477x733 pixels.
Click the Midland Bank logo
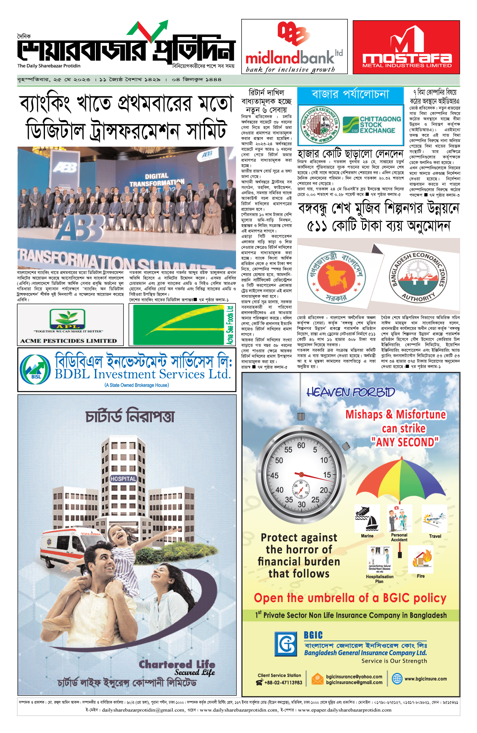tap(294, 47)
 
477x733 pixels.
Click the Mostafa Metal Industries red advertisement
tap(406, 47)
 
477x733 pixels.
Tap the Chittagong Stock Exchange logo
tap(372, 124)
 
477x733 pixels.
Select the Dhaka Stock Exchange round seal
tap(319, 124)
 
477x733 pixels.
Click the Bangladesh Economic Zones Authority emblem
tap(417, 277)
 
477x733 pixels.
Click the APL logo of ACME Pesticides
tap(67, 320)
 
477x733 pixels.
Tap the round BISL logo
tap(35, 369)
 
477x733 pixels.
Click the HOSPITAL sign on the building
tap(123, 479)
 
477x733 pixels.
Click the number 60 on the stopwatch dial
tap(301, 445)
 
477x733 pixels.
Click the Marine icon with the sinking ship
tap(367, 519)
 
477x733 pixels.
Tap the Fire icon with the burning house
tap(421, 559)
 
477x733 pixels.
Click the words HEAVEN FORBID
tap(351, 393)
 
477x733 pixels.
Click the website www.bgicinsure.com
tap(425, 679)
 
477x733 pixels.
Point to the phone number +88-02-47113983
tap(283, 682)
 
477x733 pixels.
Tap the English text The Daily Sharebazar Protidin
tap(48, 66)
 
